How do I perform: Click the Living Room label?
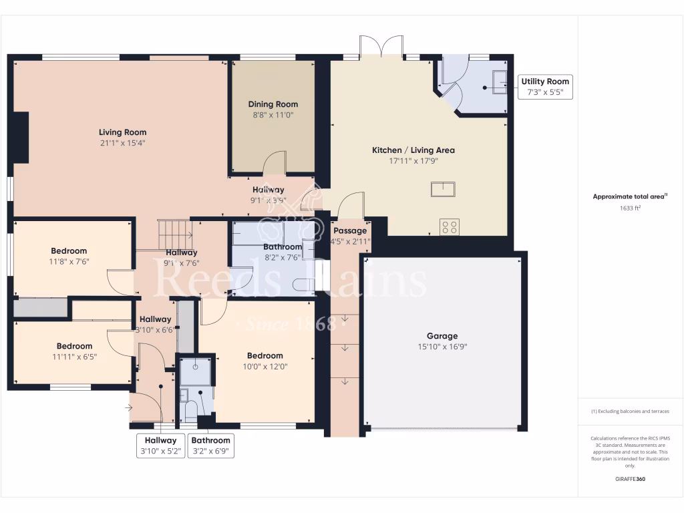point(122,132)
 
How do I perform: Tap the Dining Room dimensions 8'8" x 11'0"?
point(273,115)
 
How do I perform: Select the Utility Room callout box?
point(545,88)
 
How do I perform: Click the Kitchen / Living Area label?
point(413,150)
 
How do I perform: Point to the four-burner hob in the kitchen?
point(448,226)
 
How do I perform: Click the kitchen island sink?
point(443,189)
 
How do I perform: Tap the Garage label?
point(442,336)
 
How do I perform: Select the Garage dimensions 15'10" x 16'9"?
point(442,347)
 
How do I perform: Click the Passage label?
point(350,230)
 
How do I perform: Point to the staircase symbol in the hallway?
point(174,234)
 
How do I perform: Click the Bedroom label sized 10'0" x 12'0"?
point(265,355)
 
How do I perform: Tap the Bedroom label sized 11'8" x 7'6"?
point(69,251)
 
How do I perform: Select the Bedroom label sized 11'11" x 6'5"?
point(74,346)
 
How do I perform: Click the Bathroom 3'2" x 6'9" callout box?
point(211,446)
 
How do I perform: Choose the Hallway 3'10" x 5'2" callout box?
point(161,446)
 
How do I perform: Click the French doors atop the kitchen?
point(381,47)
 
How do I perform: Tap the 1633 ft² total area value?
point(630,208)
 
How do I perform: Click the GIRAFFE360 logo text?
point(630,479)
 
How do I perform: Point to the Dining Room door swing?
point(275,164)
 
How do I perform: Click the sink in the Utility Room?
point(498,81)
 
